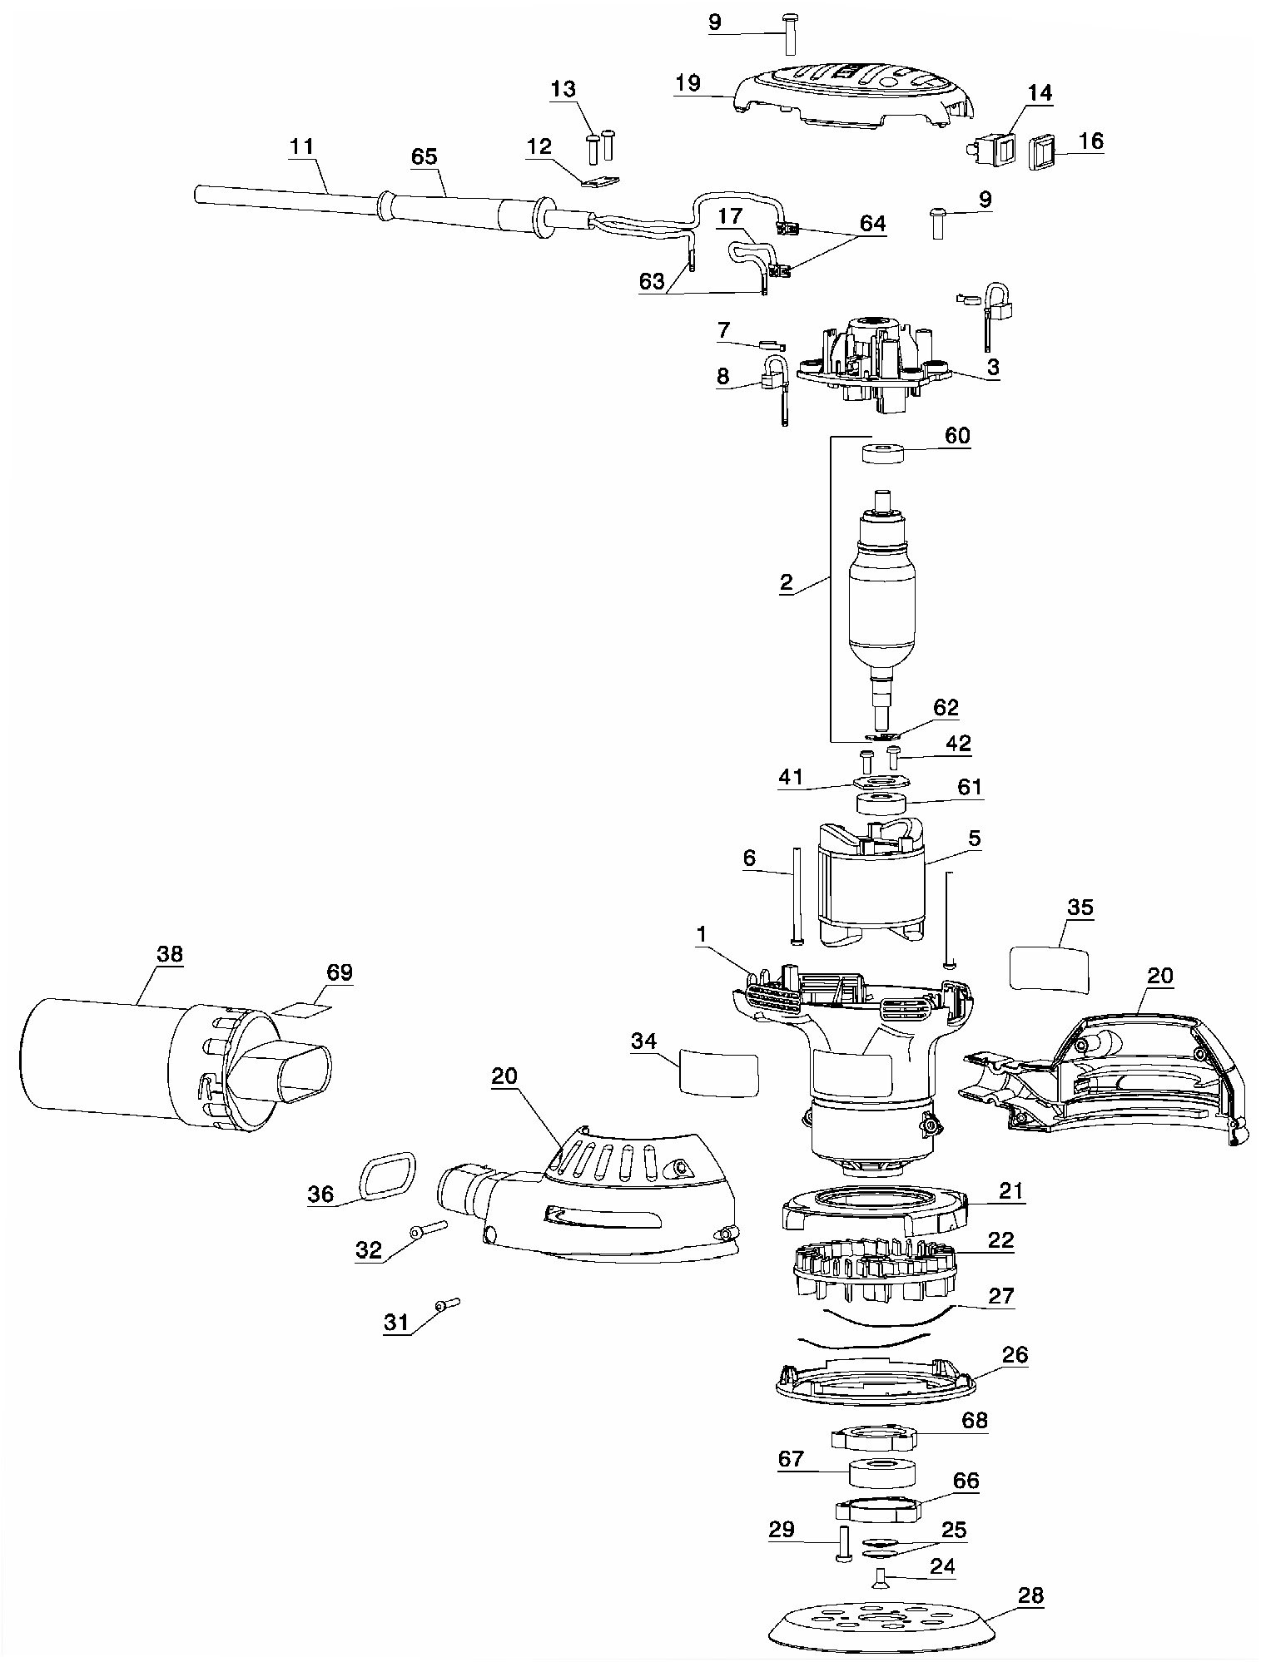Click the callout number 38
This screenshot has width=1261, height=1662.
(x=169, y=954)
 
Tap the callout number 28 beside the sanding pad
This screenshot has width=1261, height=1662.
(x=1030, y=1595)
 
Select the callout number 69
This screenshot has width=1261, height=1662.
(x=340, y=972)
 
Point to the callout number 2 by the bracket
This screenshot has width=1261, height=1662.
(x=787, y=582)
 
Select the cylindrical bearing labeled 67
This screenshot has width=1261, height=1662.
(x=882, y=1474)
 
